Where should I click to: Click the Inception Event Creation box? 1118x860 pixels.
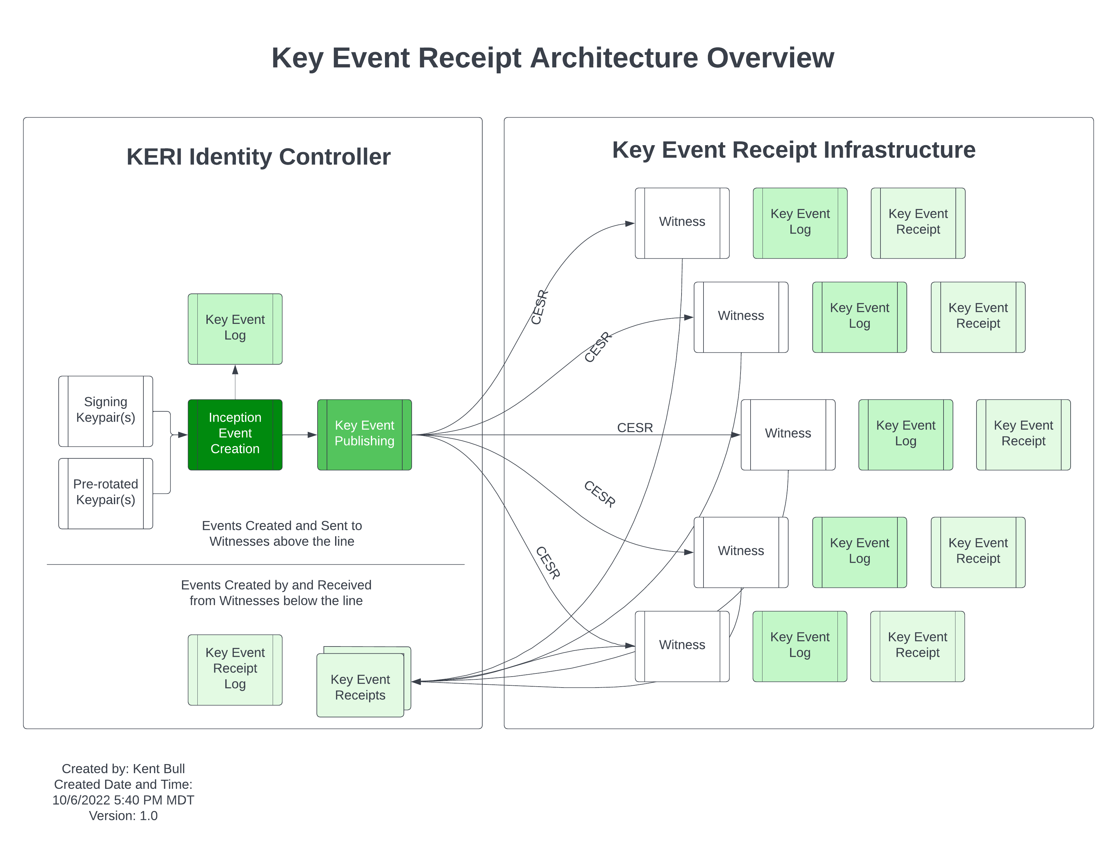pyautogui.click(x=235, y=435)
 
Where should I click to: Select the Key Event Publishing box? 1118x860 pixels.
pyautogui.click(x=365, y=435)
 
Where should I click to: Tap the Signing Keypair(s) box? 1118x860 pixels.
pyautogui.click(x=105, y=411)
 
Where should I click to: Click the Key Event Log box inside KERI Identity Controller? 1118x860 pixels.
pyautogui.click(x=235, y=329)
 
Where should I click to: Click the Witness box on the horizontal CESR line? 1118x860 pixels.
pyautogui.click(x=788, y=435)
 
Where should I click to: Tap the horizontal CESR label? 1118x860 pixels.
pyautogui.click(x=635, y=428)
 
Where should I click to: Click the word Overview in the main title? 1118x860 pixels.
pyautogui.click(x=770, y=58)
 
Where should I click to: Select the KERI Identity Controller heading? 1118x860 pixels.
pyautogui.click(x=259, y=156)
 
